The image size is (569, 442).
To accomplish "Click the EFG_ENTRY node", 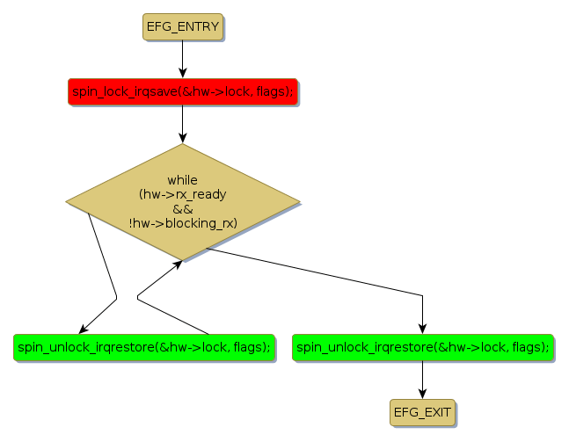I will pos(182,27).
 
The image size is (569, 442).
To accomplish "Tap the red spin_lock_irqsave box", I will pos(182,91).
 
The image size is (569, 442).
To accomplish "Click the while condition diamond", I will pos(182,202).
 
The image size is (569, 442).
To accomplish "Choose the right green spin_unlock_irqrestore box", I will pos(423,347).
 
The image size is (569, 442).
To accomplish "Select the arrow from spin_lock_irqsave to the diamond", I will pos(182,123).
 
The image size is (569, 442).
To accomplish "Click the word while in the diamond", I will pos(182,179).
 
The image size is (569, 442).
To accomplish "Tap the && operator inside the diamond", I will pos(182,208).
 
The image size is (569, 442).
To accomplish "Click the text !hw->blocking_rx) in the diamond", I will pos(182,223).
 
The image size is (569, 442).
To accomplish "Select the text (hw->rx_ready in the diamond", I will pos(182,194).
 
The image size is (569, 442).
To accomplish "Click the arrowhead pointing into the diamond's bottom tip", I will pos(179,264).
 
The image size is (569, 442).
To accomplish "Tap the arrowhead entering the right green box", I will pos(423,328).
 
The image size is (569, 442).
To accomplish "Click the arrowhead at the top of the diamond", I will pos(182,138).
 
